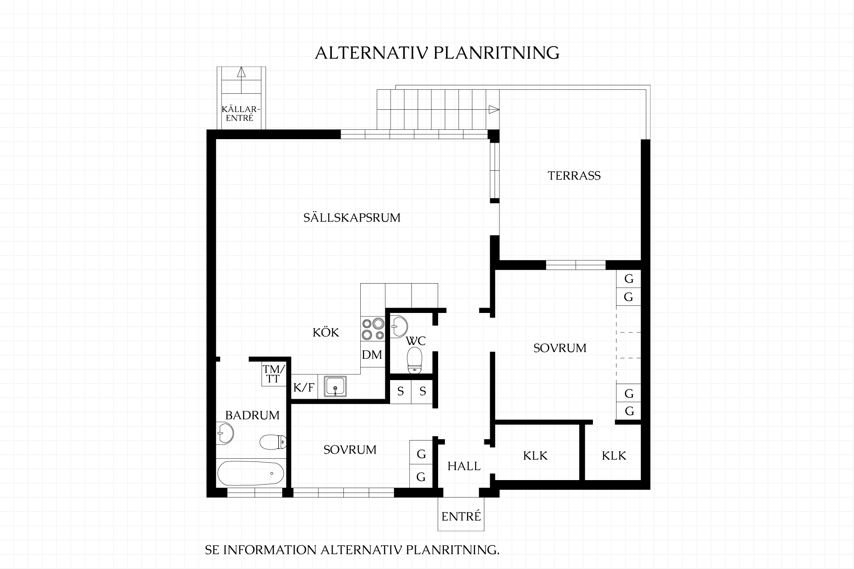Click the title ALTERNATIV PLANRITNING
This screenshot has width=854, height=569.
437,52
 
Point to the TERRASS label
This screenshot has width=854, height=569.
574,176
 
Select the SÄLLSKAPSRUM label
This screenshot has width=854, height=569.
352,217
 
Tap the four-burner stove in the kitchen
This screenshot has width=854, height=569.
373,329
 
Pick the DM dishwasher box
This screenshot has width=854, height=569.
372,355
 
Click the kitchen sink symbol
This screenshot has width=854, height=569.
335,386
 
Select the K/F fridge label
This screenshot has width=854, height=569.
303,388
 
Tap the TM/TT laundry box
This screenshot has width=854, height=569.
274,374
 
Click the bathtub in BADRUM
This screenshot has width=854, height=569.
251,473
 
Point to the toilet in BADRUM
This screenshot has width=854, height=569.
273,442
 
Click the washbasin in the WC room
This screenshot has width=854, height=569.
399,327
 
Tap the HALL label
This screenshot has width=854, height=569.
464,466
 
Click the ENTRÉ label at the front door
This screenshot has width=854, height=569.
461,516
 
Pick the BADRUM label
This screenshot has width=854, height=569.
252,415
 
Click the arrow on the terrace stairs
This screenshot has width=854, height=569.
493,109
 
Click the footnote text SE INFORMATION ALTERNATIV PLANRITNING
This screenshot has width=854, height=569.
352,550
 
